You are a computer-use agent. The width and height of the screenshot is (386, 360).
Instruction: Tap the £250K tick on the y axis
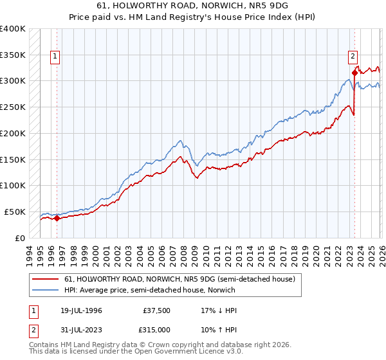[13, 107]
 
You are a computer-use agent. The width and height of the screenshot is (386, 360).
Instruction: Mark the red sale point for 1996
[57, 218]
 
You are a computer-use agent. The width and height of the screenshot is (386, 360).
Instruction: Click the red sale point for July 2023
[354, 73]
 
